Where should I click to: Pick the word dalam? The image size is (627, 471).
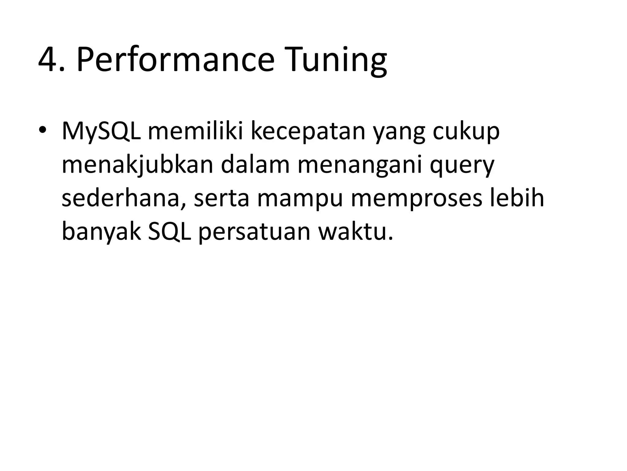255,164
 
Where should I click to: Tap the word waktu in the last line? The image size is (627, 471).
355,231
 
